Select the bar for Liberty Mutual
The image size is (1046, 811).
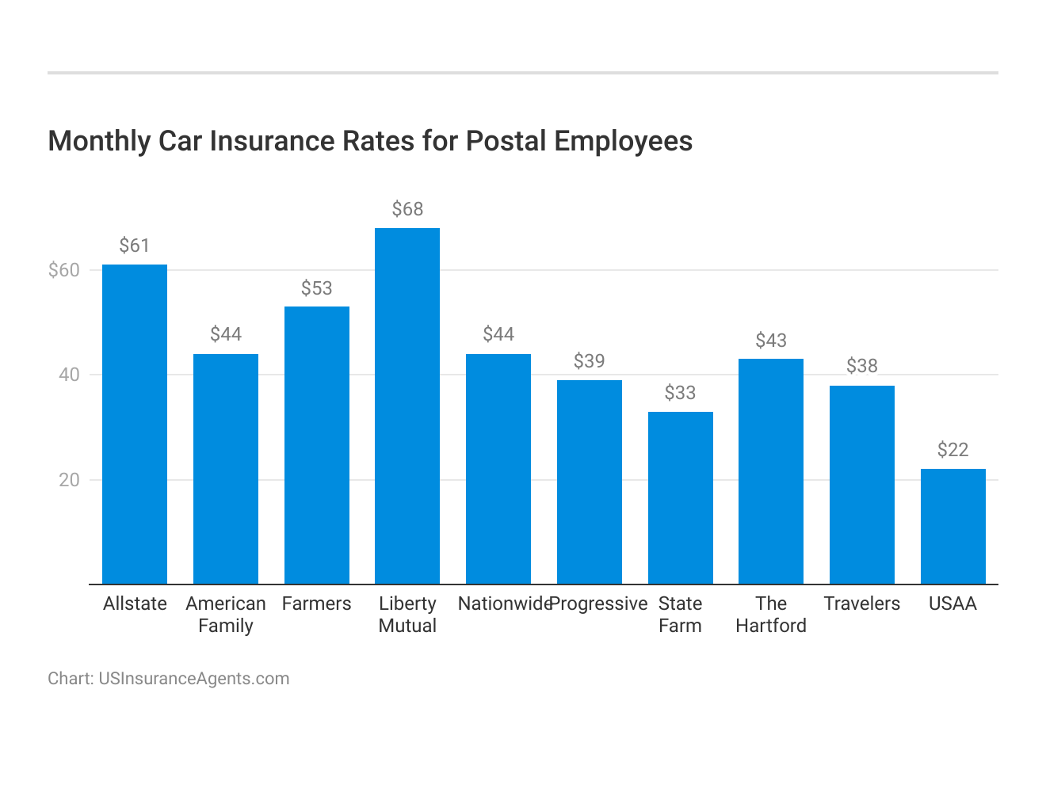coord(407,405)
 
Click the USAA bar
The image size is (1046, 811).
coord(952,527)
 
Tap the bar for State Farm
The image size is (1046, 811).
coord(680,498)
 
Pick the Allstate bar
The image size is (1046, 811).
coord(135,425)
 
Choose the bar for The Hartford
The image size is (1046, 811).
coord(771,471)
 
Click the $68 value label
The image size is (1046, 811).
coord(407,209)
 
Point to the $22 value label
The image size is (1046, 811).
coord(952,450)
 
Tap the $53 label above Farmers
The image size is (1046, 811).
coord(316,288)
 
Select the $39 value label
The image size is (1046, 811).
coord(589,361)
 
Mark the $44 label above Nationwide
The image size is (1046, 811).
coord(498,334)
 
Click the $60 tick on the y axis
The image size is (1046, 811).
coord(64,270)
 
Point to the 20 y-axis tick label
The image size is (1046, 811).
coord(69,480)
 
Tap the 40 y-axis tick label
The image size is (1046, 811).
coord(69,375)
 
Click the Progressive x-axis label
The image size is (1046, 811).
coord(599,603)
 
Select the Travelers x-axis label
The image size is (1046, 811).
coord(862,603)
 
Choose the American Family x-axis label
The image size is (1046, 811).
coord(226,615)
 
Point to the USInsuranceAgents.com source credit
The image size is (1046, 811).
coord(193,679)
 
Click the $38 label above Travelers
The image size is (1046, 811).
coord(862,366)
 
